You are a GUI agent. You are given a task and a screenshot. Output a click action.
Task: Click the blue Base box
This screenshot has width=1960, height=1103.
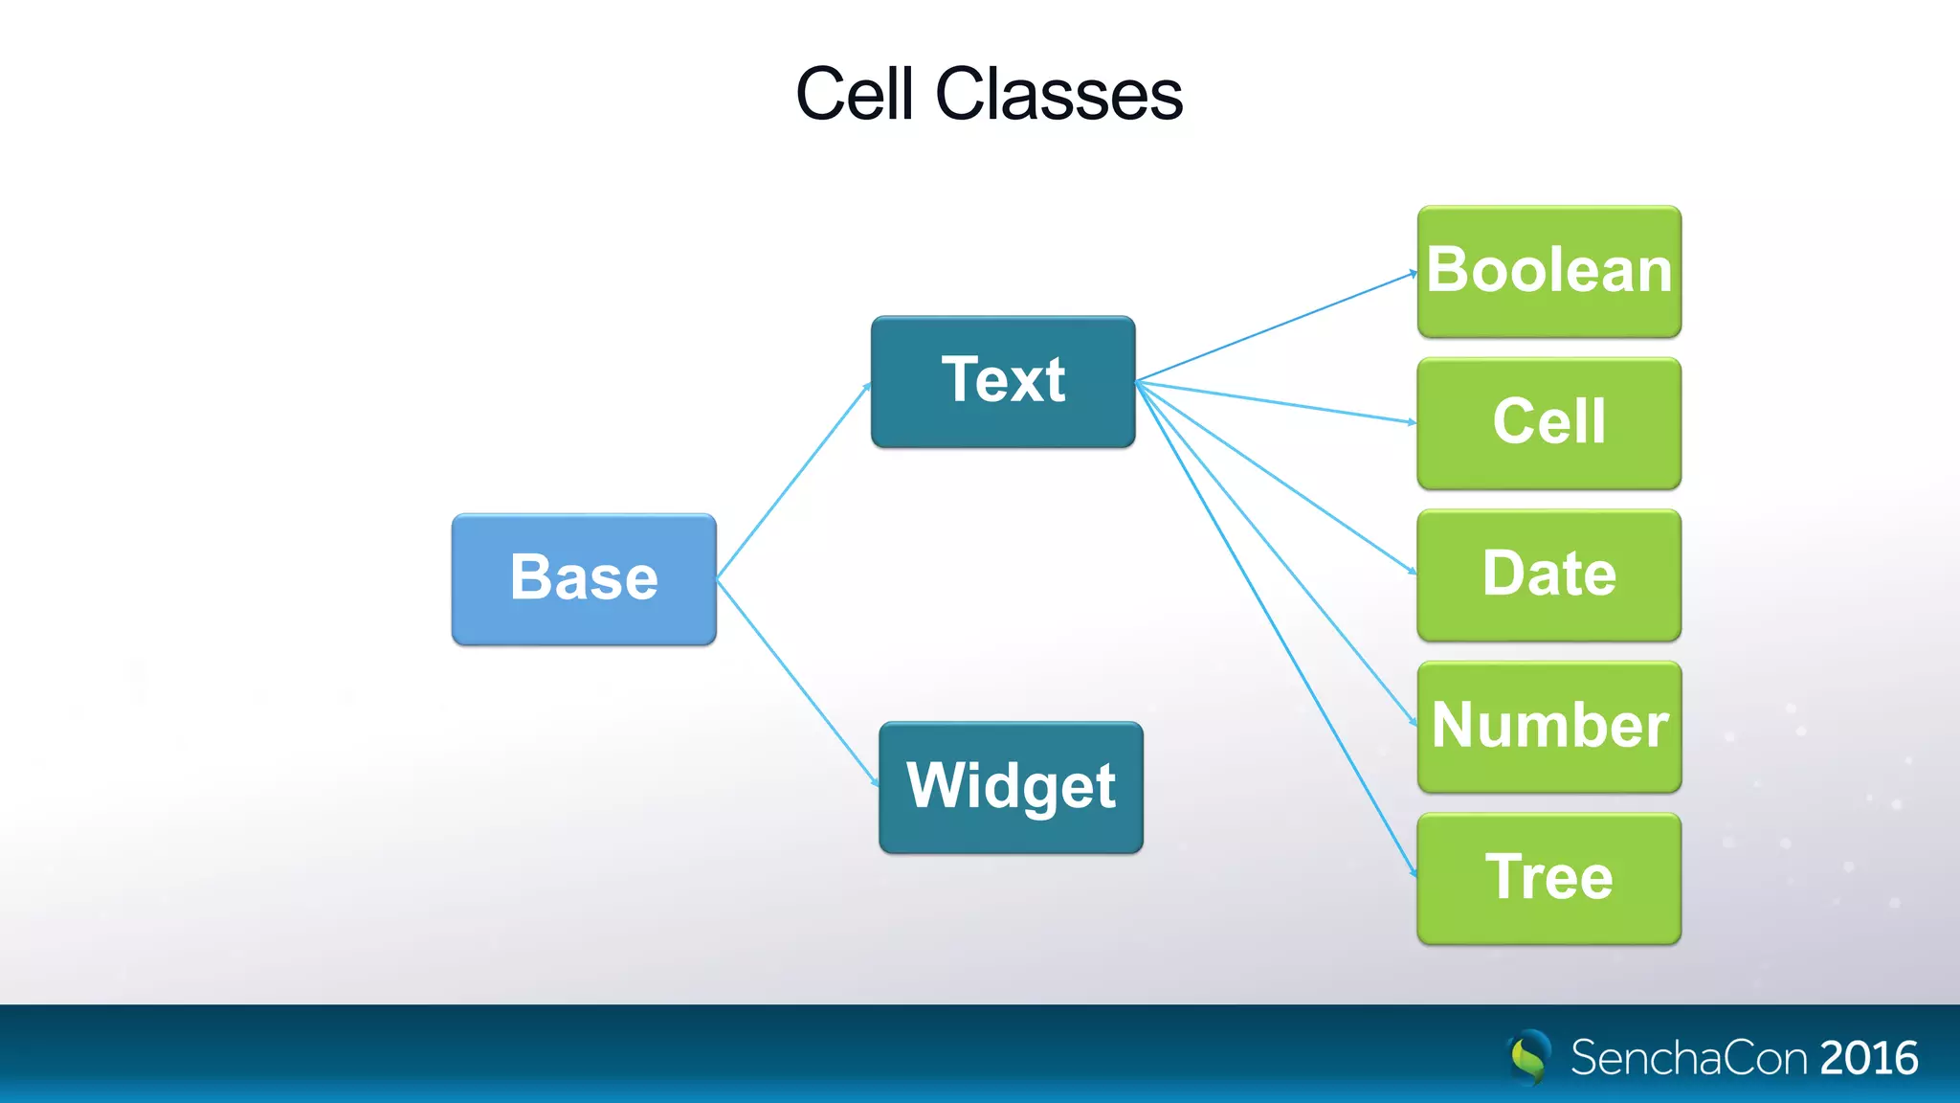tap(584, 579)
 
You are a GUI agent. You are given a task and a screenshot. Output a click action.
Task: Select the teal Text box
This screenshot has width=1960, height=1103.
tap(1003, 381)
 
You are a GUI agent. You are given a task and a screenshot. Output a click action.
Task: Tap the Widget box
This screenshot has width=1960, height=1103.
tap(1011, 787)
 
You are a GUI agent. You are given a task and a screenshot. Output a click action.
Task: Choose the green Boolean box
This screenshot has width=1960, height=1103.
tap(1548, 271)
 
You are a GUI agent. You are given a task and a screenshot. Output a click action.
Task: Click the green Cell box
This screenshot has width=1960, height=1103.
tap(1548, 422)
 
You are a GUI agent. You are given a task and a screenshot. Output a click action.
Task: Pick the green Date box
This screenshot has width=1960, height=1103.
tap(1548, 574)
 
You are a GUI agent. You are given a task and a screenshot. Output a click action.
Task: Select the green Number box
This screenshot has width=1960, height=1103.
tap(1548, 726)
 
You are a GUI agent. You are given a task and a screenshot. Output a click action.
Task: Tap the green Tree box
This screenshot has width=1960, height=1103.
tap(1548, 878)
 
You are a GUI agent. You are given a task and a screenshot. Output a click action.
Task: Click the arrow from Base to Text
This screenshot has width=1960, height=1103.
tap(793, 482)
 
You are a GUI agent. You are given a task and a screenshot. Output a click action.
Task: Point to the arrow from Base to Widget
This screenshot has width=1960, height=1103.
tap(797, 682)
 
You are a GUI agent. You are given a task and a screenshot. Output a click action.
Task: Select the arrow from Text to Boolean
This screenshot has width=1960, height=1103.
tap(1276, 327)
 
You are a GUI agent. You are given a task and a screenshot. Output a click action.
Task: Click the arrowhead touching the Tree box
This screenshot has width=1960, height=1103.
tap(1414, 872)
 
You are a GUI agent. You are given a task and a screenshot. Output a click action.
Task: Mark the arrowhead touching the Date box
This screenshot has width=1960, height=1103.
tap(1413, 572)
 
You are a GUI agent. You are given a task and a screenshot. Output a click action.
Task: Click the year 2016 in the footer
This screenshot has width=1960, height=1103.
tap(1868, 1058)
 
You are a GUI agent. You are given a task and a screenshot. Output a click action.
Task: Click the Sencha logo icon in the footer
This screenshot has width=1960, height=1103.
tap(1529, 1057)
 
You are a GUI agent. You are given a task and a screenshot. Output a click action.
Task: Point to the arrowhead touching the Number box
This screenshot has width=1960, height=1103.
tap(1414, 722)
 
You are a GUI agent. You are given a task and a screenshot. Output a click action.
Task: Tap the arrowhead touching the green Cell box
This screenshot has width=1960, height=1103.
tap(1412, 421)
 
